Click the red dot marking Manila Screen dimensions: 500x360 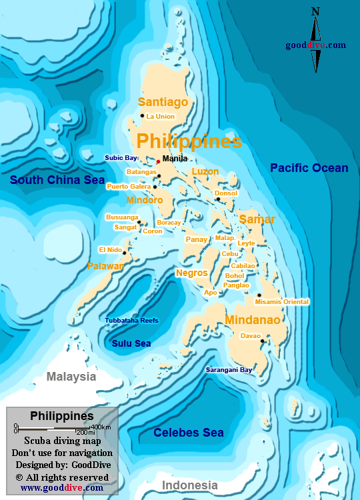[158, 161]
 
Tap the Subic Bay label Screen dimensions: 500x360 [121, 158]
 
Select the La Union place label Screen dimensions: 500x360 [161, 117]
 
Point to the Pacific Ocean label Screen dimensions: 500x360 [309, 168]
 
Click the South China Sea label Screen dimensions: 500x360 [57, 180]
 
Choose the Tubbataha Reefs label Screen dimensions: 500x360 [131, 321]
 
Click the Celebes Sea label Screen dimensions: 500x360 [189, 433]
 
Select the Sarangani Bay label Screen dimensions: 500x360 [229, 369]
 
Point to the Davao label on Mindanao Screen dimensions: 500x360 [251, 336]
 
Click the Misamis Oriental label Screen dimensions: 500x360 [282, 302]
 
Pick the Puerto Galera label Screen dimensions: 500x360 [129, 187]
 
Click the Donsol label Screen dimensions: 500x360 [226, 193]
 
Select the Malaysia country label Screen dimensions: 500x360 [71, 377]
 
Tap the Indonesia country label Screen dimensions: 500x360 [190, 485]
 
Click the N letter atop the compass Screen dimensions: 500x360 [315, 11]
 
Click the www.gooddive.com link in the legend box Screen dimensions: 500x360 [62, 487]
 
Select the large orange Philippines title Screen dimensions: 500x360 [189, 141]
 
